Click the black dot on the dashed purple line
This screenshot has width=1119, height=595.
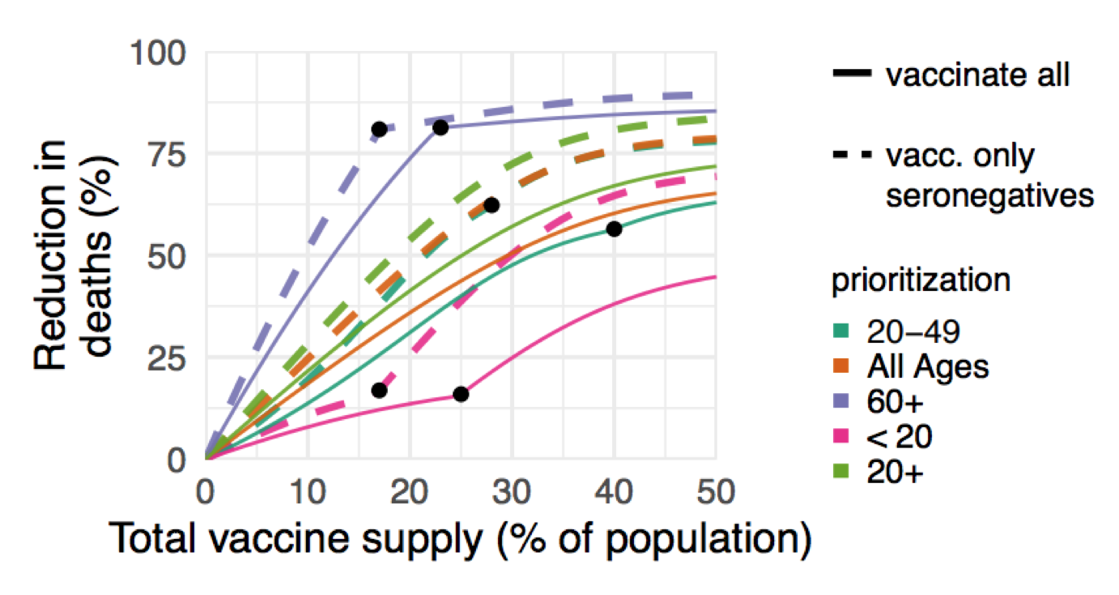(379, 130)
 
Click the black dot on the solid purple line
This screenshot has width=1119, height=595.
(440, 128)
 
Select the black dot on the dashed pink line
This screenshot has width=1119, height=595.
(379, 391)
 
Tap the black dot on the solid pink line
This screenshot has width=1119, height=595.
(461, 394)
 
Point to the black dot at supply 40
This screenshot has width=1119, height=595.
(614, 229)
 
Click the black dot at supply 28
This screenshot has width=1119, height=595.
(491, 205)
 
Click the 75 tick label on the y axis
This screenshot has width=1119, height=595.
(168, 154)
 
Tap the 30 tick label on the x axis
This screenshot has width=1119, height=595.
(512, 491)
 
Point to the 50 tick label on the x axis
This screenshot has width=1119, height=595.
(715, 491)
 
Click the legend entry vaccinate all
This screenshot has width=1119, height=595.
(978, 75)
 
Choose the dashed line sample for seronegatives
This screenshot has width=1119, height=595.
(853, 155)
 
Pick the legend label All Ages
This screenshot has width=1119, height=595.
(928, 367)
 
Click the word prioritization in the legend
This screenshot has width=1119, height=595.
(921, 280)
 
